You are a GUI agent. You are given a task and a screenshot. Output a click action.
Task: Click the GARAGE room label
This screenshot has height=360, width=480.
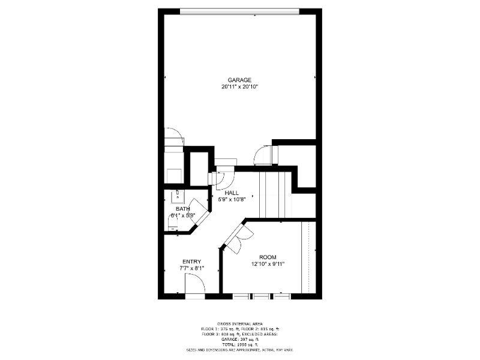click(x=239, y=80)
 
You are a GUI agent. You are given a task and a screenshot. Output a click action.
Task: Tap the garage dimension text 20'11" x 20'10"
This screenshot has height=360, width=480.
click(x=239, y=87)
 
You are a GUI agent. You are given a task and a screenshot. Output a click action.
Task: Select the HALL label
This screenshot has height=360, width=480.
click(x=232, y=193)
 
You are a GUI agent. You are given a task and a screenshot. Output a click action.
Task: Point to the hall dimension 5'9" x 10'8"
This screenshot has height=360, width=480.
click(x=232, y=200)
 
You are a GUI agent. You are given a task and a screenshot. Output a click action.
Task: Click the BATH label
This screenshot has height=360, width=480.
click(x=182, y=209)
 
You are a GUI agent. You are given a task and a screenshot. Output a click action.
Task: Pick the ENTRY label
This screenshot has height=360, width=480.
click(x=192, y=262)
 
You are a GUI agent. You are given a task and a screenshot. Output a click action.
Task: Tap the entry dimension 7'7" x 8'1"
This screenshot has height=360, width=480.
click(x=192, y=269)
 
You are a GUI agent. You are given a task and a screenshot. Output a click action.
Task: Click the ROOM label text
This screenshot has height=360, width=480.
click(x=268, y=257)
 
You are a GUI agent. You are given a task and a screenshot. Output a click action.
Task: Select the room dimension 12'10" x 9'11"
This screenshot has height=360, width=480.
click(x=268, y=264)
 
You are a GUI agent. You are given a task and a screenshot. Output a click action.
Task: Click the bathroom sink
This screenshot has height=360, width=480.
click(x=178, y=196)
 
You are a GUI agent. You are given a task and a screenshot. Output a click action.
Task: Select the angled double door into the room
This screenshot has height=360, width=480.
click(x=238, y=238)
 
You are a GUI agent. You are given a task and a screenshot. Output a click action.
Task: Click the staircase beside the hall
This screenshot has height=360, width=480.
click(x=275, y=195)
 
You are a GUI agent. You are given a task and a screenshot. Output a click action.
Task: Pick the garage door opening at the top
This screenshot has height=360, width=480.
click(x=239, y=10)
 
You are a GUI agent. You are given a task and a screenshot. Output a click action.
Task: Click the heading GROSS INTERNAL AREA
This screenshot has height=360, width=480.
click(x=239, y=323)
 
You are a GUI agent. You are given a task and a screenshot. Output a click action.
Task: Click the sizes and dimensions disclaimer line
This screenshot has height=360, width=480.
click(x=239, y=349)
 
